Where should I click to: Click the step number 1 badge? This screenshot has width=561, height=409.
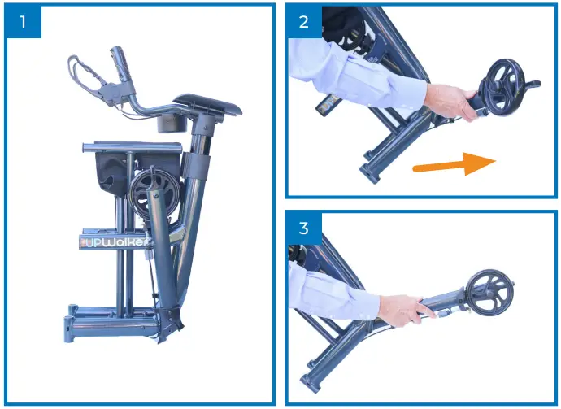pos(23,22)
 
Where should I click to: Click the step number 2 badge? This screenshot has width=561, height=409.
pos(304,22)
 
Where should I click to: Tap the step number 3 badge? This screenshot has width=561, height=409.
pos(304,228)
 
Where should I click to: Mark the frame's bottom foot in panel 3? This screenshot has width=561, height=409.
pos(312,382)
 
